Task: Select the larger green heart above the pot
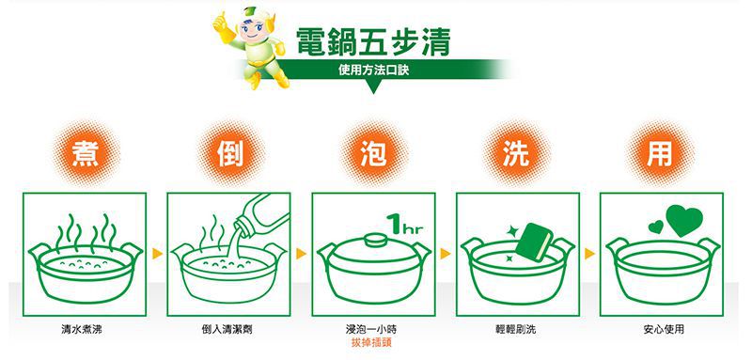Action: (683, 219)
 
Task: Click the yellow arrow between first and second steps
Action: (156, 253)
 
